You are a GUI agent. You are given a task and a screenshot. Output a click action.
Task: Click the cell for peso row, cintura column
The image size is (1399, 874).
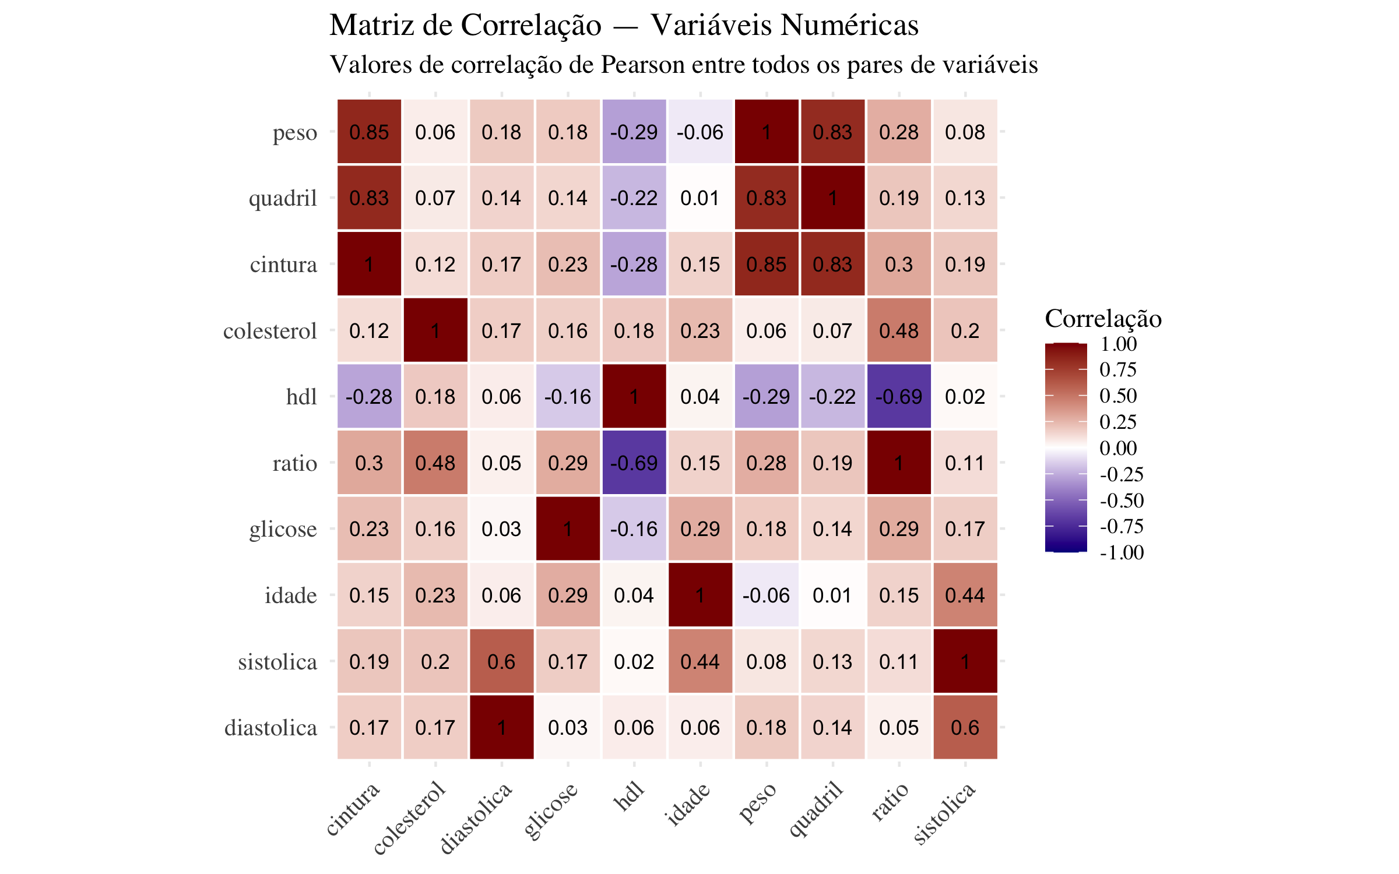[x=369, y=132]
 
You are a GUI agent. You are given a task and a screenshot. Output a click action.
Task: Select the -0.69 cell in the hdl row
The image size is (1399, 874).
[x=898, y=397]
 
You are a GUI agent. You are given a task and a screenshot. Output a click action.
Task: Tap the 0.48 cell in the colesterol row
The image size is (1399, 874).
[x=898, y=330]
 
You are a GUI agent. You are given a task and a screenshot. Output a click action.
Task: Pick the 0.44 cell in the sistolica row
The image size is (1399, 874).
[x=700, y=661]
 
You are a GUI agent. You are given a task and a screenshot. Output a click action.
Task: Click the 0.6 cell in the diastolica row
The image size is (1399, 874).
[x=965, y=727]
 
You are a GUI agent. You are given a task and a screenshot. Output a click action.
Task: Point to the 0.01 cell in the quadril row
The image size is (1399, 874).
[x=700, y=198]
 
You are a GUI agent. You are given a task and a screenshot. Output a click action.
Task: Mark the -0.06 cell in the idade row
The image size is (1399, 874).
[x=766, y=595]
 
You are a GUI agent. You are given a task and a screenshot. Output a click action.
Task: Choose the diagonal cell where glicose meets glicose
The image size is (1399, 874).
[x=568, y=529]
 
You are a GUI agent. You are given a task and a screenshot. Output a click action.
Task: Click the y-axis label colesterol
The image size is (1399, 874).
[x=270, y=331]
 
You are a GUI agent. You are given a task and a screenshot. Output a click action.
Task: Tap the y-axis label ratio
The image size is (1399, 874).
[x=294, y=463]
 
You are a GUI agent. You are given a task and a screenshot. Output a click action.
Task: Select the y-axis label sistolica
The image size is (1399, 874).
[x=277, y=662]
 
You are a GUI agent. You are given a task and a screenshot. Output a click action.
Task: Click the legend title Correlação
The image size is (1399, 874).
[x=1103, y=319]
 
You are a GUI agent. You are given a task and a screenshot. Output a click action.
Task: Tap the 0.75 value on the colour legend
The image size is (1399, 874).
[x=1118, y=369]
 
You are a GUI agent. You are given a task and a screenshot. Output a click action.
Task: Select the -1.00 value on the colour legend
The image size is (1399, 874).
[x=1122, y=552]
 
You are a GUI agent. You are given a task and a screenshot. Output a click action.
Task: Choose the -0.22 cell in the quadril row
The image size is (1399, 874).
[x=634, y=198]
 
